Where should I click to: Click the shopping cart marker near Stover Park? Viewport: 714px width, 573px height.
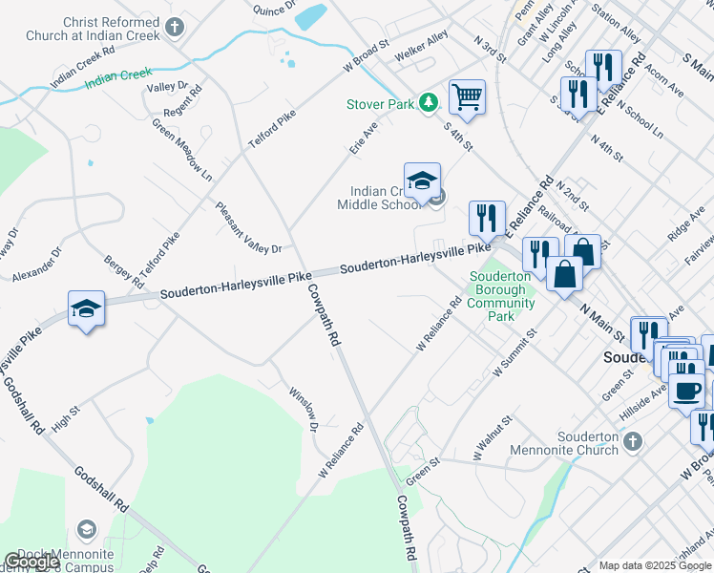coord(467,95)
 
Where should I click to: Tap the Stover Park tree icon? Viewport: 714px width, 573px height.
coord(430,102)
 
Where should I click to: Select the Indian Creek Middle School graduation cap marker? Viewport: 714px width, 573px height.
coord(422,180)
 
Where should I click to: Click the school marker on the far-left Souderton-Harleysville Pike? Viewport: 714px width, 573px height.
coord(86,309)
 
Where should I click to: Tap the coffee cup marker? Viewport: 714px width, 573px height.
coord(686,390)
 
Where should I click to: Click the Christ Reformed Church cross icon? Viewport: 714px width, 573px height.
coord(174,28)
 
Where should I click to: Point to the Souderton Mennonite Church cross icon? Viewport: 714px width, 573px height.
coord(630,440)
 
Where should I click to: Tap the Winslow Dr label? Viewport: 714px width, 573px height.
coord(304,408)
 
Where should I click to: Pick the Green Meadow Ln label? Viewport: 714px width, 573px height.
coord(181,150)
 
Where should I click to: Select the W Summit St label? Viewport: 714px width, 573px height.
coord(515,353)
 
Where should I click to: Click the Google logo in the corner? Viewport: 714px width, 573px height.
coord(31,562)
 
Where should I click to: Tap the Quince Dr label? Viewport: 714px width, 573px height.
coord(271,9)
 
